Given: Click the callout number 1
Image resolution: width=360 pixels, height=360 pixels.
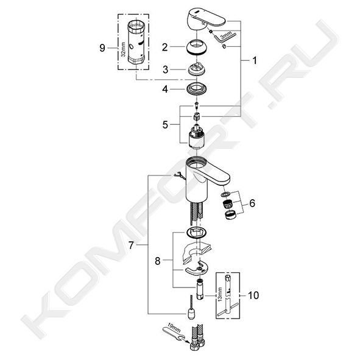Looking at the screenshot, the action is (x=254, y=61).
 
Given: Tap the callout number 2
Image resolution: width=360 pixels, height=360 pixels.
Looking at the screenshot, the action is (x=165, y=47).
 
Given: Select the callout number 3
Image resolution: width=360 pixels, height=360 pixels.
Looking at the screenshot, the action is (x=165, y=69).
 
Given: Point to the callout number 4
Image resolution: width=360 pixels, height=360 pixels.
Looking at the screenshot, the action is (x=165, y=90).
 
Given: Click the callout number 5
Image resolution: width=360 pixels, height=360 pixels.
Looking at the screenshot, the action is (x=165, y=125).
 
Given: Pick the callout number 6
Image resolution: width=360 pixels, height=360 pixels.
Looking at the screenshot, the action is (x=252, y=203).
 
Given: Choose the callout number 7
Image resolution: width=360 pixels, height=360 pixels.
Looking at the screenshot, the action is (x=131, y=245).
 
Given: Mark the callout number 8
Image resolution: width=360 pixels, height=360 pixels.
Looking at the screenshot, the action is (x=158, y=261).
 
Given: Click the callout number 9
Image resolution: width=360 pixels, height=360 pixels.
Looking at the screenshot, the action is (x=102, y=48).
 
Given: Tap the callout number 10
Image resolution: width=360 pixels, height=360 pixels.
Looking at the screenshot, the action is (x=253, y=295).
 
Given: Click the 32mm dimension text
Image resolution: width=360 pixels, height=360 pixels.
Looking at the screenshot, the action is (x=123, y=49).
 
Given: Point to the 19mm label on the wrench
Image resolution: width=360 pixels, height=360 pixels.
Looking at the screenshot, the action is (x=174, y=330).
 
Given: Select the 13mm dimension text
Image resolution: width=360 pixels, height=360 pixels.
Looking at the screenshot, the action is (x=220, y=294).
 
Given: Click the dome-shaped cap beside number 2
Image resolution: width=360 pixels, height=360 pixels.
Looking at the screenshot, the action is (x=196, y=48).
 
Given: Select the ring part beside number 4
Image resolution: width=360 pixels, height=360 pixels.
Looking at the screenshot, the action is (x=196, y=88).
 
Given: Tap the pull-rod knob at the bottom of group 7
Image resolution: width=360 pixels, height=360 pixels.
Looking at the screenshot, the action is (x=191, y=314).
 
